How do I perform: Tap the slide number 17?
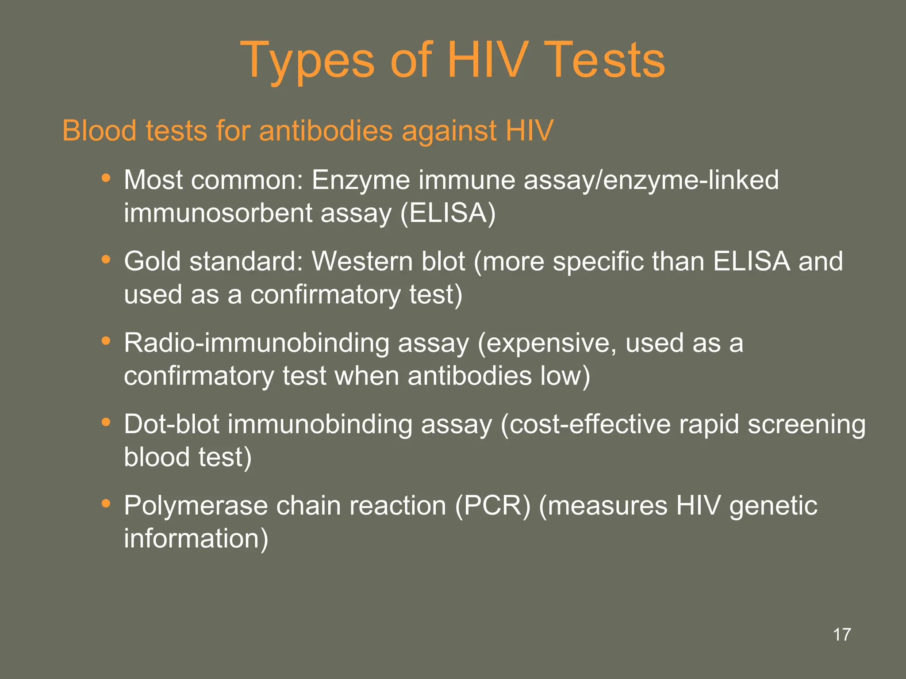[842, 635]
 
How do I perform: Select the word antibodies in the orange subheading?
[326, 131]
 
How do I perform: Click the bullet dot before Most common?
[105, 178]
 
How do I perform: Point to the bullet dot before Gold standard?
[105, 259]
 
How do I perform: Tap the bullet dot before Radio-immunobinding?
[105, 341]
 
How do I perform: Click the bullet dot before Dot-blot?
[105, 422]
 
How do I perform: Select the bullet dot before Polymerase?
[105, 504]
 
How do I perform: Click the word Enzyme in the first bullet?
[361, 181]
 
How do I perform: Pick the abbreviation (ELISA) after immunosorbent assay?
[448, 214]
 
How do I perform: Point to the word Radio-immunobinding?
[257, 343]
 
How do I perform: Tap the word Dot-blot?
[172, 424]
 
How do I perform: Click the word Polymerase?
[196, 506]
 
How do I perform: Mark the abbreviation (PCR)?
[493, 506]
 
